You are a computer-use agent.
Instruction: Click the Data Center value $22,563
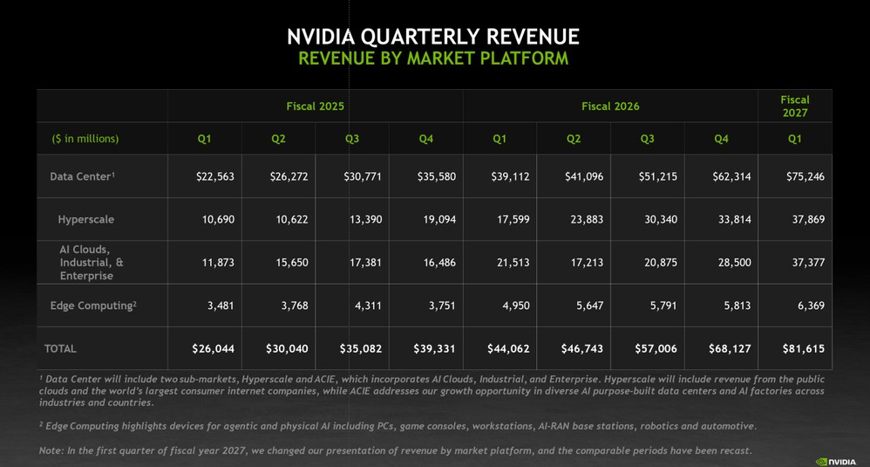pos(214,176)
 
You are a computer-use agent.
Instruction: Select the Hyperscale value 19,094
pos(439,219)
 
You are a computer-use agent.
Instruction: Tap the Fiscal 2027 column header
pos(795,106)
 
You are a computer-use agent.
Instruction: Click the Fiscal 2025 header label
pos(316,106)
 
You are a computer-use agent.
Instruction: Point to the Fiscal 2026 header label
pos(610,106)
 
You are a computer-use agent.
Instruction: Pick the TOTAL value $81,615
pos(804,349)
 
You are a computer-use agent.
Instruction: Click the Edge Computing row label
pos(93,306)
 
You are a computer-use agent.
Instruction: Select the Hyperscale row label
pos(86,219)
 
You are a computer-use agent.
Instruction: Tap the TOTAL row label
pos(60,349)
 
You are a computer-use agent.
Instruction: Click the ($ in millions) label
pos(85,139)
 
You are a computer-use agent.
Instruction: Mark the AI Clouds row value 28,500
pos(735,262)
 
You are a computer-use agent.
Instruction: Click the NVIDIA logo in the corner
pos(836,462)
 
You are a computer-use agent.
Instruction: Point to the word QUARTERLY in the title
pos(420,37)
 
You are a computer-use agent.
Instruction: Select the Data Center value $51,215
pos(657,176)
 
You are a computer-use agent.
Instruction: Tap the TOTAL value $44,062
pos(508,349)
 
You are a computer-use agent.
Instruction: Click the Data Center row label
pos(82,176)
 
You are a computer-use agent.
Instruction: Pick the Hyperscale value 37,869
pos(808,219)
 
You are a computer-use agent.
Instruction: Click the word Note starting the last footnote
pos(51,450)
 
